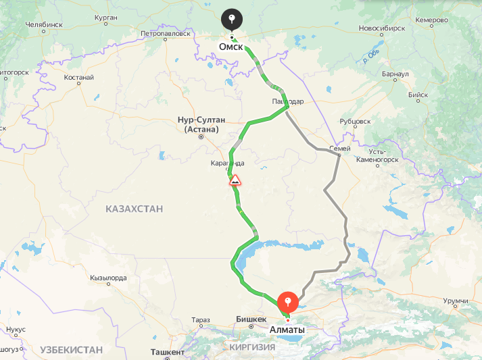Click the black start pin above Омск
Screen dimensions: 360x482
pos(232,18)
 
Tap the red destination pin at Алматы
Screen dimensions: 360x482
pos(289,302)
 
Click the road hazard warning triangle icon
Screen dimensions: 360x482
pos(235,180)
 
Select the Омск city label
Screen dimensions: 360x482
pos(231,46)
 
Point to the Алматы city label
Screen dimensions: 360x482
pos(287,330)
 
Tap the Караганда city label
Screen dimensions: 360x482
pos(226,163)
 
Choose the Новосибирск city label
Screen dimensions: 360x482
pos(382,29)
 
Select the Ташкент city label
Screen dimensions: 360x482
pos(168,353)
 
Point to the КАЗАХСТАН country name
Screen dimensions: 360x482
pos(134,209)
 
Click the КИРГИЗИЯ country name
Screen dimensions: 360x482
pos(251,347)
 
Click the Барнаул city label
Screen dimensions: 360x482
pos(395,74)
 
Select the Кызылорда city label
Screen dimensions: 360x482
pos(108,278)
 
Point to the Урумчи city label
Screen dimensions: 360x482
pos(456,300)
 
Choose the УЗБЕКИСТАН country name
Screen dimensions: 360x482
pos(71,349)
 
